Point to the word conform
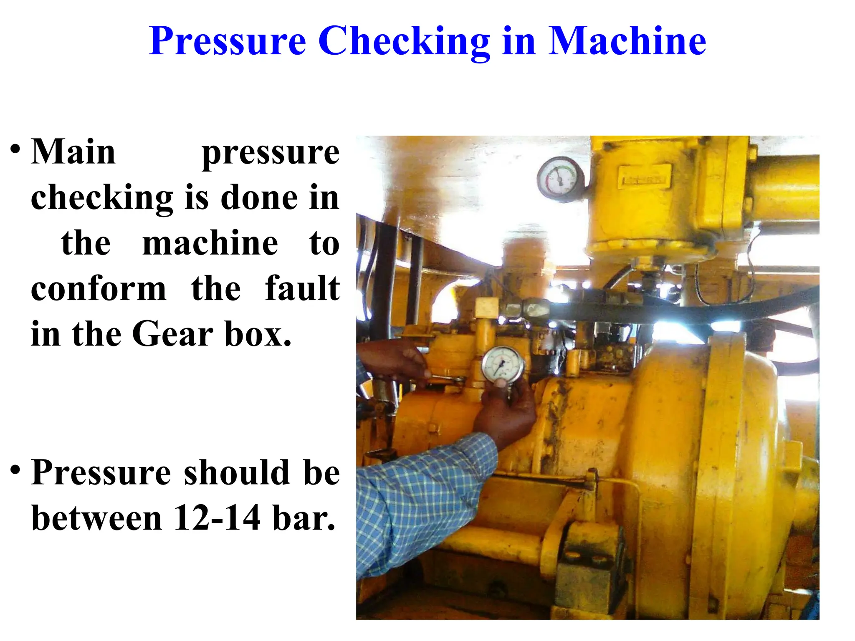pyautogui.click(x=99, y=288)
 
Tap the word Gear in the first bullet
pyautogui.click(x=173, y=334)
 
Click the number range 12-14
pyautogui.click(x=217, y=518)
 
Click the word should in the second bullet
pyautogui.click(x=237, y=472)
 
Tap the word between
pyautogui.click(x=96, y=518)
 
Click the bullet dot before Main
pyautogui.click(x=15, y=149)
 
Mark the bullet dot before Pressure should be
pyautogui.click(x=15, y=469)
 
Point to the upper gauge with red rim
pyautogui.click(x=560, y=178)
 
